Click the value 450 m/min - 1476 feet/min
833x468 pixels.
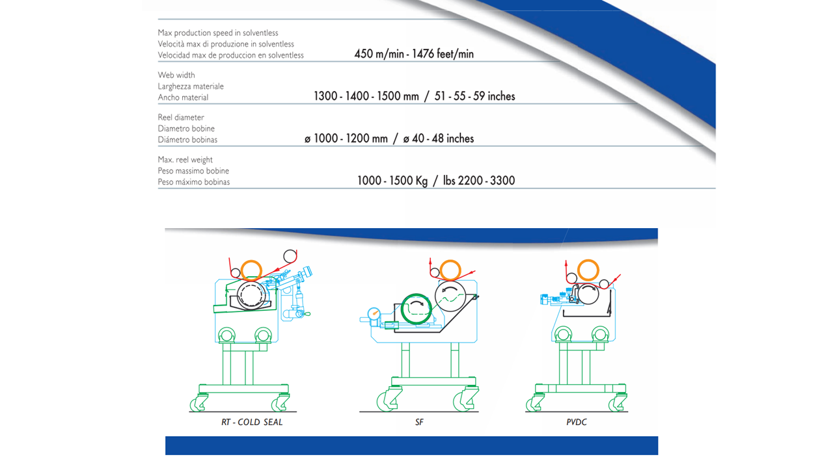point(414,54)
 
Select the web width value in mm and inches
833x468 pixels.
point(415,96)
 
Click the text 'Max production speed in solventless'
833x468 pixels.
point(218,32)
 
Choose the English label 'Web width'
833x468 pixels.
point(176,75)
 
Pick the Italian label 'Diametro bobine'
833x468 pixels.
point(186,129)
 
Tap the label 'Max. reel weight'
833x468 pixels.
point(185,160)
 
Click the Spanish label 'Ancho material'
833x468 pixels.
point(183,97)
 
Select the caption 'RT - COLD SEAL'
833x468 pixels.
point(252,422)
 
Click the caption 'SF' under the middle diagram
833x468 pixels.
point(419,422)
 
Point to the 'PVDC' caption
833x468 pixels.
point(577,422)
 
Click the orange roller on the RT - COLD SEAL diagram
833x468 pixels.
point(251,261)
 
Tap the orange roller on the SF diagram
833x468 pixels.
point(450,261)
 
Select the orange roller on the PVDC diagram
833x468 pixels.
point(588,261)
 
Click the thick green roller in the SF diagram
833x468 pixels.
point(402,309)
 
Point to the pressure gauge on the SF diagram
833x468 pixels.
point(374,314)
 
